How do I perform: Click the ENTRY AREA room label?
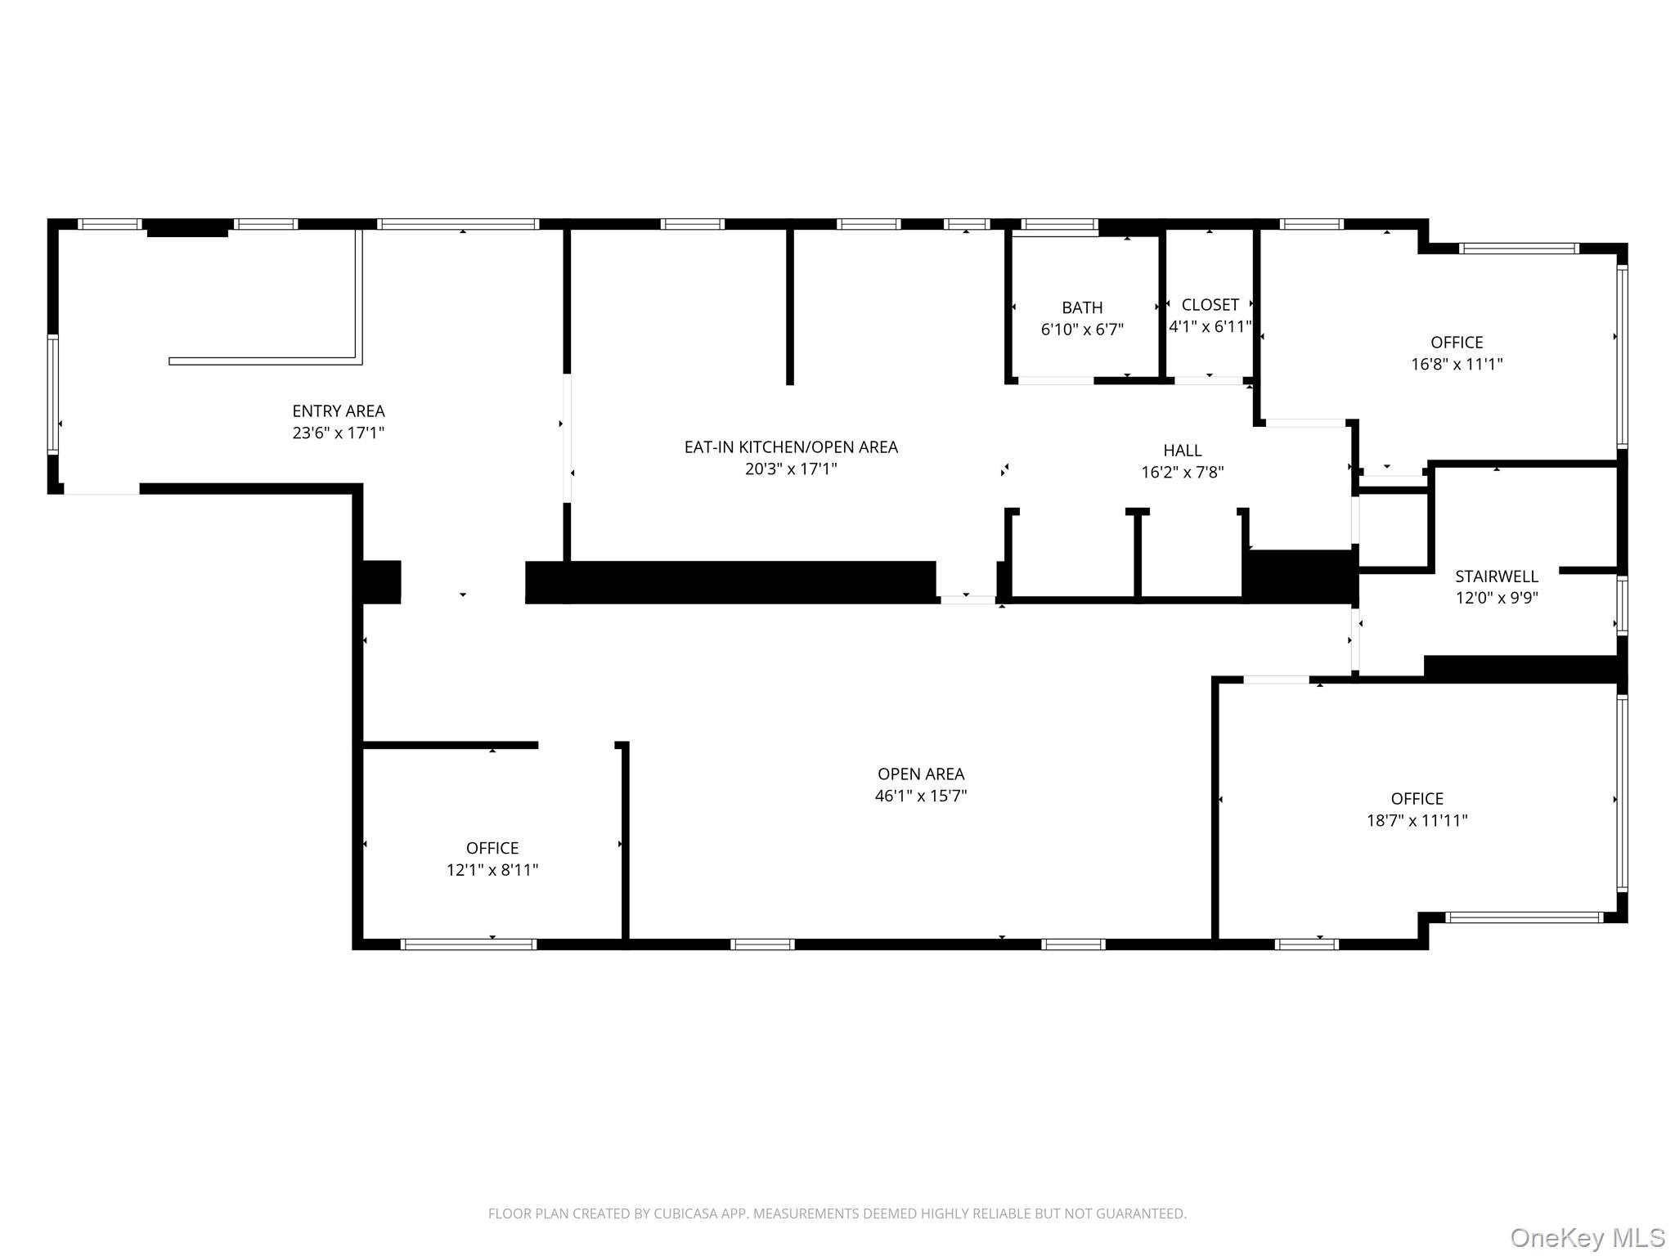click(339, 411)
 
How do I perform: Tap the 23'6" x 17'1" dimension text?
click(339, 433)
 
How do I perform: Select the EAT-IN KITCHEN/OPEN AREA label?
click(791, 447)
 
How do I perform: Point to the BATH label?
click(1082, 308)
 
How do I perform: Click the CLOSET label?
click(1210, 305)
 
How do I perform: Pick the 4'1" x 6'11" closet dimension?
click(1210, 327)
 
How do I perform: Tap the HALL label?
click(1182, 451)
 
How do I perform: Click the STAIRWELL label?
click(1496, 576)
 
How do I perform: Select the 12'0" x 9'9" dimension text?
click(1496, 598)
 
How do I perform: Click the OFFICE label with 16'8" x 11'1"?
click(1456, 343)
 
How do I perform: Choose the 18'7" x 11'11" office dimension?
click(1417, 820)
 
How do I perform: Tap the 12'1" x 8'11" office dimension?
click(492, 870)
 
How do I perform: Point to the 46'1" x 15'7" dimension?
click(921, 796)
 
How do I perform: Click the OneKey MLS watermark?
click(1587, 1237)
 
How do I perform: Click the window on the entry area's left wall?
click(53, 393)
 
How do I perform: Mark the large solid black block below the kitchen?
click(730, 582)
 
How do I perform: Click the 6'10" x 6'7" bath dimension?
click(1082, 330)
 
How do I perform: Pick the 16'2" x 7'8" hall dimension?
click(1182, 473)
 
